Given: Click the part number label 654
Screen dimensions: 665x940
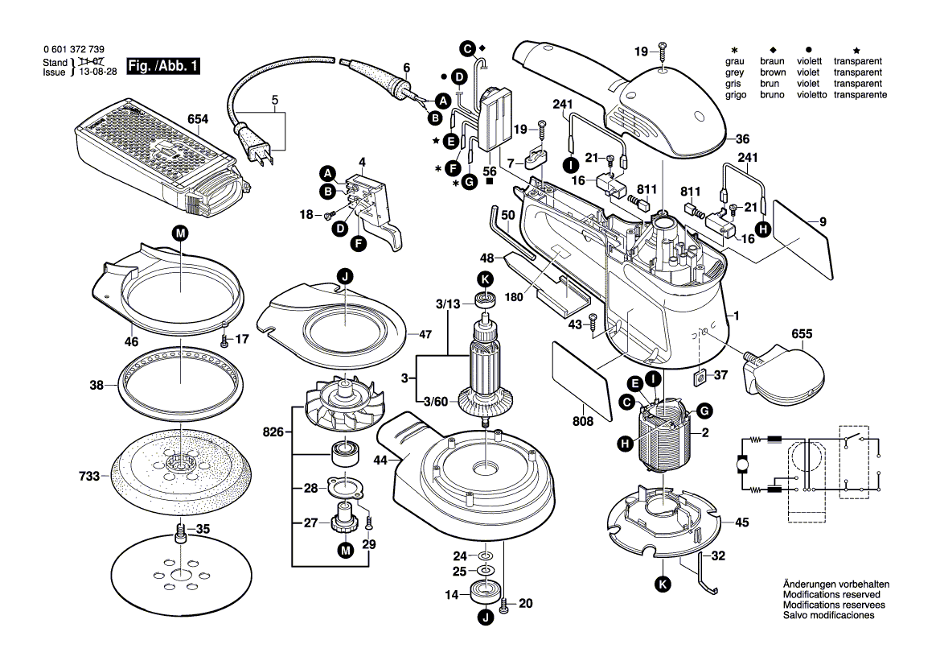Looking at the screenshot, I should click(198, 119).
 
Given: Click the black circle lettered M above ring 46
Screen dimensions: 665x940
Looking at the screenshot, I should click(179, 233).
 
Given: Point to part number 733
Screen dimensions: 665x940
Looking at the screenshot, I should click(89, 477).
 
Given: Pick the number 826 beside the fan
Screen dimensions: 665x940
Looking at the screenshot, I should click(273, 432).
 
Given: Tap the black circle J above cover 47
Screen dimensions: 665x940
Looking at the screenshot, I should click(344, 278).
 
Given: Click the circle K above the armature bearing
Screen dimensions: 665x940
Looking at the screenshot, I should click(484, 279).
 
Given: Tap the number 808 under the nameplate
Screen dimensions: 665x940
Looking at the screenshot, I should click(583, 420).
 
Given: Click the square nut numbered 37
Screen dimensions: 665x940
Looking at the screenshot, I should click(699, 375).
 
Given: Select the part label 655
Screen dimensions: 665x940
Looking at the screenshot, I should click(801, 332).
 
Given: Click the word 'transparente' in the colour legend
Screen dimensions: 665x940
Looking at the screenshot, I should click(860, 95).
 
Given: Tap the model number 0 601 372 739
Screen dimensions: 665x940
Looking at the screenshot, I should click(73, 50).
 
